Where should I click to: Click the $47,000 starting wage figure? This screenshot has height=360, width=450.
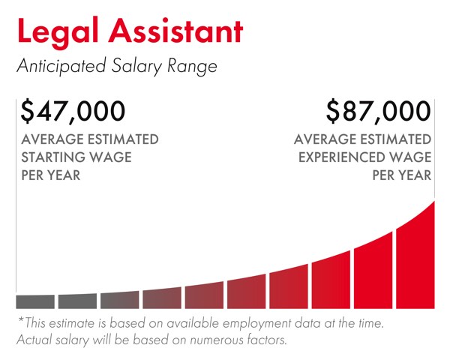[x=72, y=112]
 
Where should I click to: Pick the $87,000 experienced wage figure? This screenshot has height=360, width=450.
[x=379, y=112]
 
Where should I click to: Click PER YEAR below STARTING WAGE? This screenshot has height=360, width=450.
[x=50, y=175]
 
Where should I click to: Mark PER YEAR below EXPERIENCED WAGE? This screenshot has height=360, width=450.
[x=402, y=175]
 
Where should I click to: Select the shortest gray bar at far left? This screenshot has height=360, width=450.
[x=35, y=301]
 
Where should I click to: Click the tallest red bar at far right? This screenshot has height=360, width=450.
[x=415, y=255]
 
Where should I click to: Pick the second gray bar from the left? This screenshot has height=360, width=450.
[x=77, y=301]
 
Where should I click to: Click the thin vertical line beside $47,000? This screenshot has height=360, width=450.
[x=16, y=195]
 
